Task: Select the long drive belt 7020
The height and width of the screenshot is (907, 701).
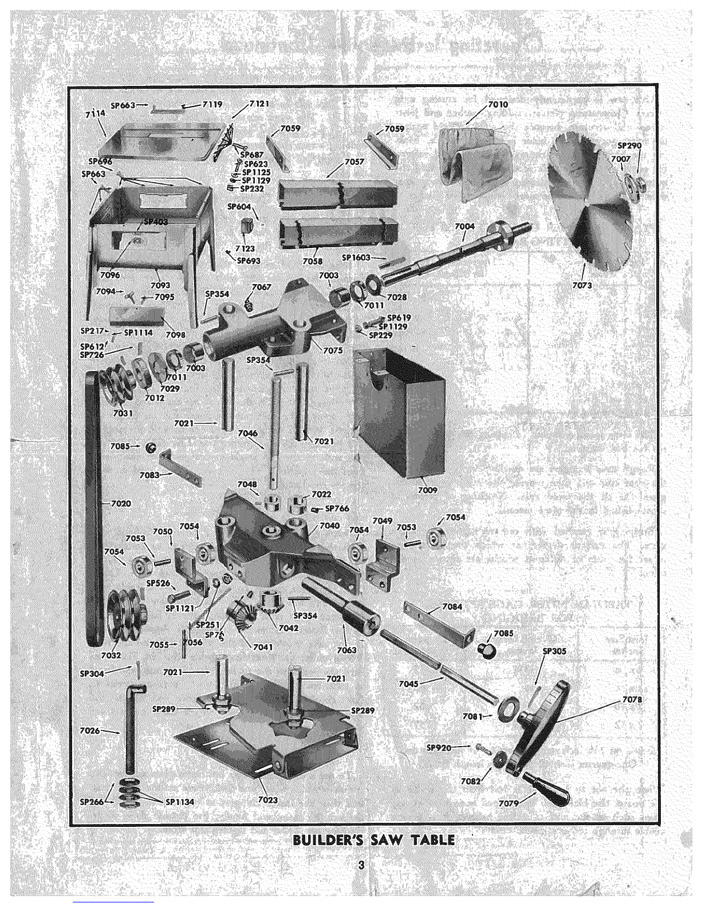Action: (x=93, y=504)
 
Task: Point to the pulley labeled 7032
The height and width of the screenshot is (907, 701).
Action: (x=112, y=654)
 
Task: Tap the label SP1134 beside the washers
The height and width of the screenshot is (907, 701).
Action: (x=179, y=802)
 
